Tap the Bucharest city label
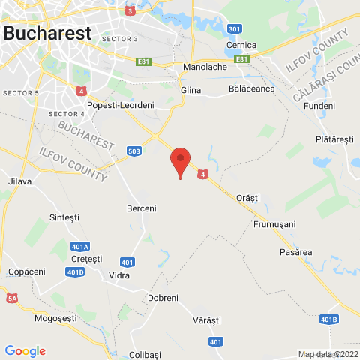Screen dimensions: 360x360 pyautogui.click(x=47, y=33)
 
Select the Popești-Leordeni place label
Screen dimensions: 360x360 pyautogui.click(x=121, y=106)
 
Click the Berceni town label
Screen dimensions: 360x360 pyautogui.click(x=142, y=208)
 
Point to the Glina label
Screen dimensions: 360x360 pyautogui.click(x=192, y=88)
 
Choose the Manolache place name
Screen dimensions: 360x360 pyautogui.click(x=205, y=67)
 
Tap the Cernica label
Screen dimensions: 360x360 pyautogui.click(x=241, y=45)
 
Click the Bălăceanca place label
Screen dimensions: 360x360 pyautogui.click(x=251, y=88)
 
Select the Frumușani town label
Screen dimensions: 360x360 pyautogui.click(x=274, y=224)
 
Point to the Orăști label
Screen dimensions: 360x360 pyautogui.click(x=247, y=197)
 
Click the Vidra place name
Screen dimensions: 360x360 pyautogui.click(x=119, y=275)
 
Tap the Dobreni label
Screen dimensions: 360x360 pyautogui.click(x=163, y=298)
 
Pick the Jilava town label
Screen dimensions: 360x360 pyautogui.click(x=19, y=181)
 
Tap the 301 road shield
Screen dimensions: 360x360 pyautogui.click(x=235, y=29)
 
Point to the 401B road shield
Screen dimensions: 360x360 pyautogui.click(x=328, y=319)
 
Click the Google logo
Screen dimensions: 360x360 pyautogui.click(x=25, y=350)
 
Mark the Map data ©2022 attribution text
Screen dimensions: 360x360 pyautogui.click(x=328, y=354)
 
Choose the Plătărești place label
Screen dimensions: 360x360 pyautogui.click(x=334, y=139)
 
